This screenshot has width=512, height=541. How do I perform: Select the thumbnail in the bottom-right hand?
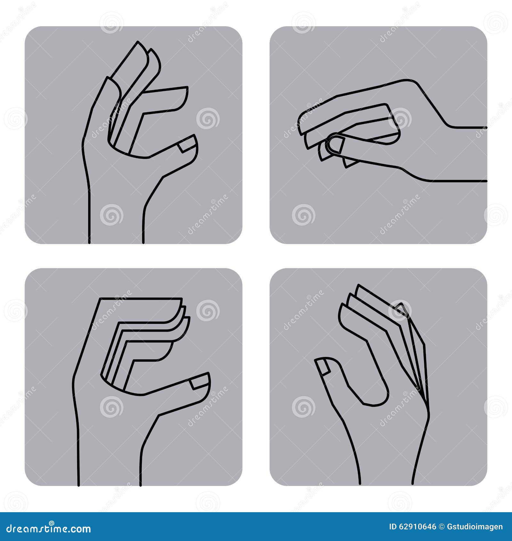(323, 367)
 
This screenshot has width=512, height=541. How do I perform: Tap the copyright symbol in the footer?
(441, 527)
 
